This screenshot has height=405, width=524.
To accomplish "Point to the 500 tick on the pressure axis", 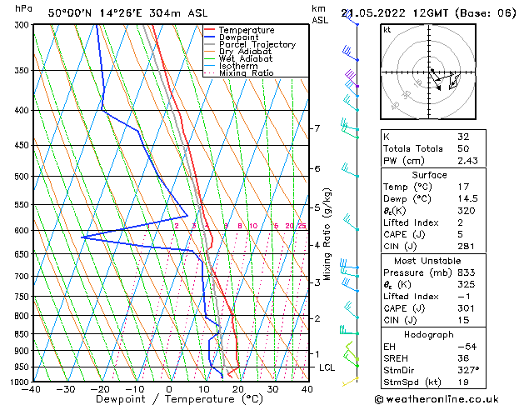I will (19, 177).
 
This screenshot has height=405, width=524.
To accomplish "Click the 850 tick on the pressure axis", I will (19, 333).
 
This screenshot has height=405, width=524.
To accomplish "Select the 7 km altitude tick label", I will (317, 128).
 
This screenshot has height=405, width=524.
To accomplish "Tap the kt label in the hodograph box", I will (387, 30).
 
